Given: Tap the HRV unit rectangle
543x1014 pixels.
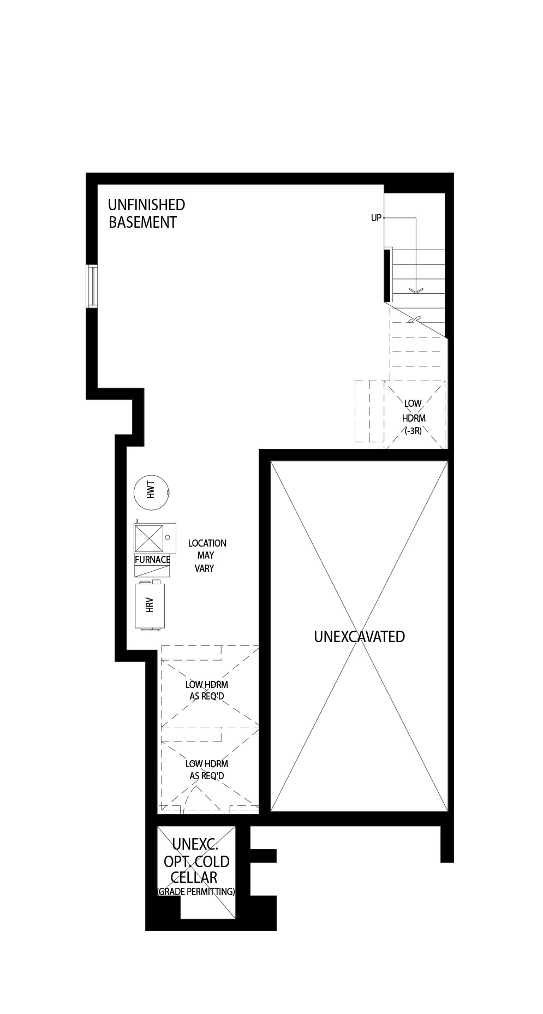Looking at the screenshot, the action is [150, 606].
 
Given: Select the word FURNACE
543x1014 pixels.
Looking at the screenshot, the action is [153, 560].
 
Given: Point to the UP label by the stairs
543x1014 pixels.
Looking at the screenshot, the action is [376, 218].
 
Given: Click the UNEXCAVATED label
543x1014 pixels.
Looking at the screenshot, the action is [360, 637].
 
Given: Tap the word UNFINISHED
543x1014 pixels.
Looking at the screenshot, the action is [146, 205].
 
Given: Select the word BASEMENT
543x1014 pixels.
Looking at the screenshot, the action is [143, 222].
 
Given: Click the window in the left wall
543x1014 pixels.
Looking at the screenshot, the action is [93, 286].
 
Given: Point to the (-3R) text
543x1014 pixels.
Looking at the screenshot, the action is [413, 430].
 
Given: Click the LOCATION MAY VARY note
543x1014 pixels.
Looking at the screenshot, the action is [207, 555].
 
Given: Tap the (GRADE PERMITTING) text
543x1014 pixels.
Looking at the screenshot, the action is [195, 892].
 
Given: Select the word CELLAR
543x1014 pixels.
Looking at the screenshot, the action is [194, 877].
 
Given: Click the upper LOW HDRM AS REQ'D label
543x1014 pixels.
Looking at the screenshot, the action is [207, 690].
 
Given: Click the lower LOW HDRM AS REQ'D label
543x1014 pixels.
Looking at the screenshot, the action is [207, 769].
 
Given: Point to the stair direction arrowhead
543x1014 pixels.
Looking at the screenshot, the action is [416, 290].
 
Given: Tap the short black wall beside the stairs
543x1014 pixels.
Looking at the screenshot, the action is [387, 274].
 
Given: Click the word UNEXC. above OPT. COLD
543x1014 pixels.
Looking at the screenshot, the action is [195, 845].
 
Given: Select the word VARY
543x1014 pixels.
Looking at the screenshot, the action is [205, 568].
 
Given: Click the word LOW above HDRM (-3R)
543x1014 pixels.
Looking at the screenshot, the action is [413, 404].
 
